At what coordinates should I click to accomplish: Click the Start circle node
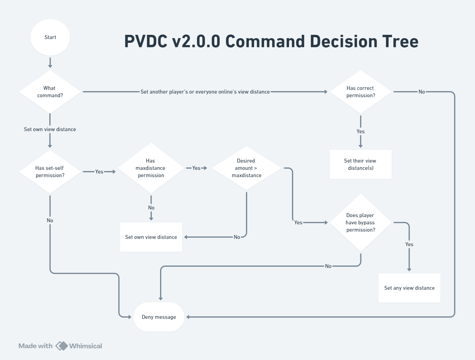click(x=50, y=37)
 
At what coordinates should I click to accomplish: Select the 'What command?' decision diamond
click(x=50, y=92)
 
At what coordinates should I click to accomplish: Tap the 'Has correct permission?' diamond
click(x=361, y=92)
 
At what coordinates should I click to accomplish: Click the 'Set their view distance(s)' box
click(x=361, y=164)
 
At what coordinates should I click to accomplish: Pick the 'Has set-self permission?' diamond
click(x=50, y=172)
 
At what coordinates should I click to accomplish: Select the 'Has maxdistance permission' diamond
click(x=151, y=168)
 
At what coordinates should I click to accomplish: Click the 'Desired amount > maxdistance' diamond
click(x=247, y=168)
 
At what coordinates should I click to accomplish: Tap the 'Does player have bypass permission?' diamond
click(x=361, y=223)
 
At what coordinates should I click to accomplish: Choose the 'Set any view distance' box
click(x=409, y=288)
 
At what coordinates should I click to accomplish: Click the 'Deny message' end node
click(x=159, y=317)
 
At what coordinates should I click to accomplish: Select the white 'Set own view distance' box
click(x=151, y=237)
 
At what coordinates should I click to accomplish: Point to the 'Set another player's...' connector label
click(x=205, y=92)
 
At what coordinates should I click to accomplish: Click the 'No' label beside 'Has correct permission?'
click(x=422, y=92)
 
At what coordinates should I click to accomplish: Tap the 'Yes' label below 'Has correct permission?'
click(x=361, y=131)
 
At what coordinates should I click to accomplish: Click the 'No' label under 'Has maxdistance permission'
click(x=151, y=208)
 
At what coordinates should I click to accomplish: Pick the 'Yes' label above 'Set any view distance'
click(x=409, y=244)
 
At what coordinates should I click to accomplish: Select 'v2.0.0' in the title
click(x=196, y=41)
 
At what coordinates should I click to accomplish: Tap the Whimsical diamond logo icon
click(x=62, y=346)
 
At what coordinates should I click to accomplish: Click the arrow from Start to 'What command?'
click(x=50, y=63)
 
